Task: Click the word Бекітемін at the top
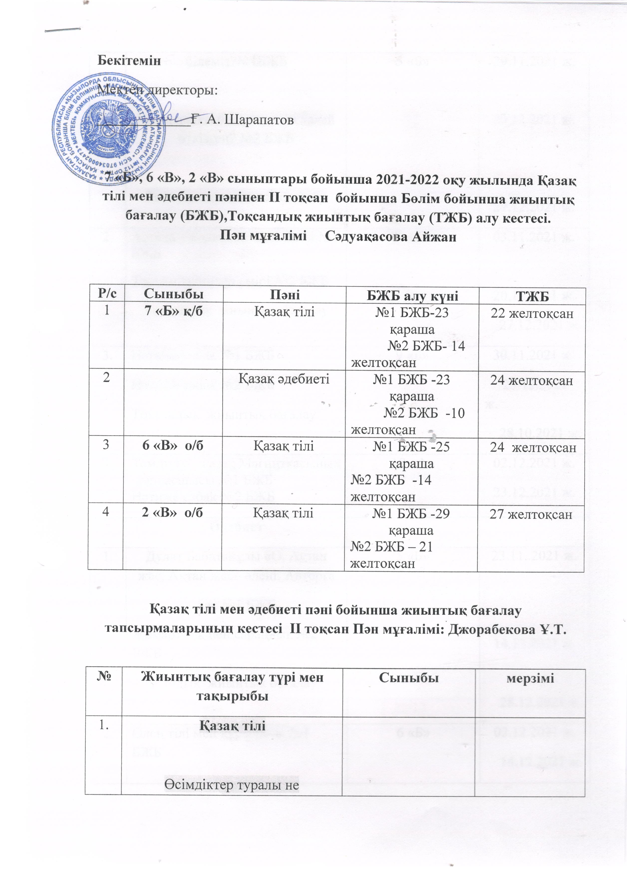click(129, 61)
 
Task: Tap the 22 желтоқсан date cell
click(532, 313)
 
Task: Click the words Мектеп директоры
click(158, 91)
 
